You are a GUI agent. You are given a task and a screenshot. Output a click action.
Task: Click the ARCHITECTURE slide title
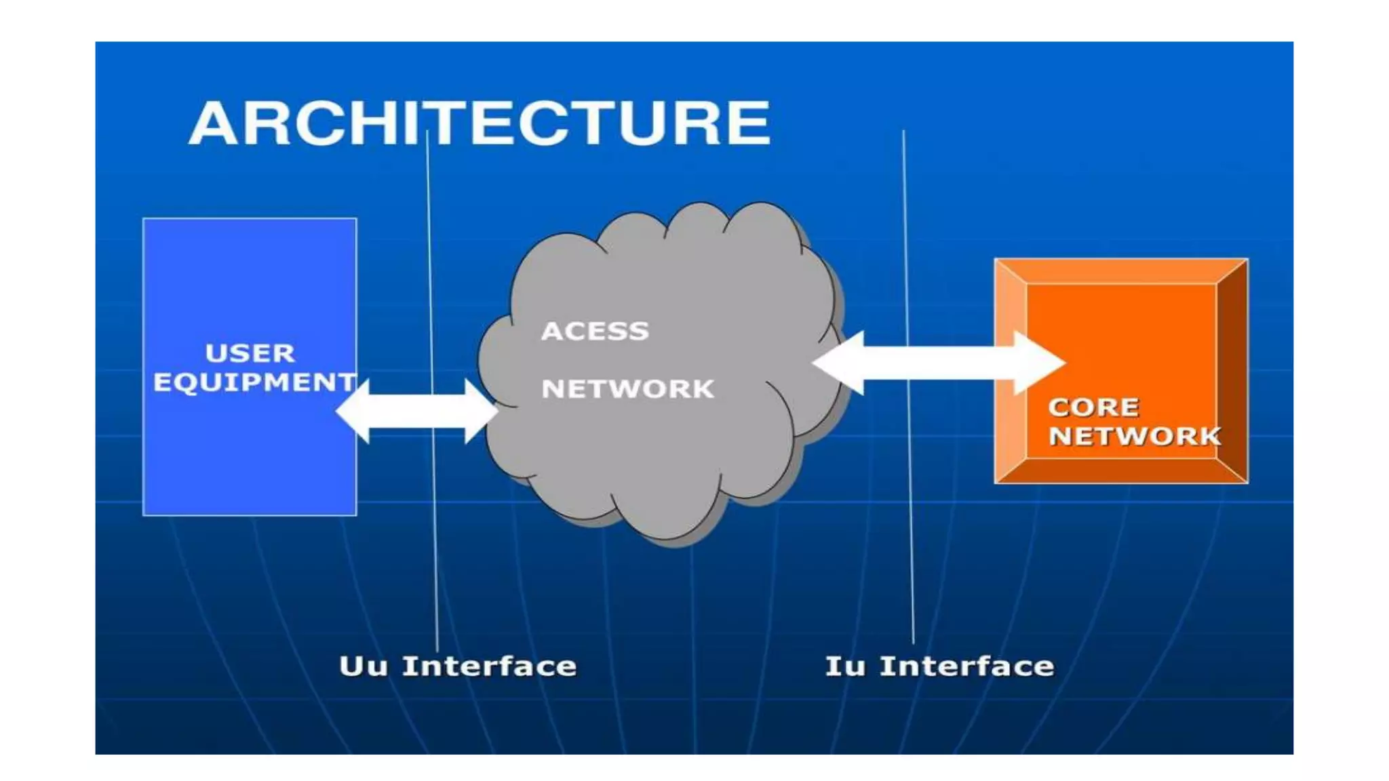pos(480,123)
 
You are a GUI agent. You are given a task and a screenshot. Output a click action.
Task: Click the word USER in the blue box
pos(250,353)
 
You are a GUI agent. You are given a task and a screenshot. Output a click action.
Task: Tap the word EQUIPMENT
pos(254,382)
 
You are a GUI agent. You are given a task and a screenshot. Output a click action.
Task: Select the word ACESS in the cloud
pos(595,331)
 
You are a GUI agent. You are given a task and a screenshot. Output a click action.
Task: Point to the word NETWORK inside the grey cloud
pos(627,389)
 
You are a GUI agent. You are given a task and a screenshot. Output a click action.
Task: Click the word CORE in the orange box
pos(1093,407)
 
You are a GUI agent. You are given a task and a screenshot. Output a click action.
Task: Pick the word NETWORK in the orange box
pos(1134,436)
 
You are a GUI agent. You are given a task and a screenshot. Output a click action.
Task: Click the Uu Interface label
pos(458,666)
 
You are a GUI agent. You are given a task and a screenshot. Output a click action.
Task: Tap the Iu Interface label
pos(939,666)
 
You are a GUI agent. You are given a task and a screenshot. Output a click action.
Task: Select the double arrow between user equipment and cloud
pos(416,411)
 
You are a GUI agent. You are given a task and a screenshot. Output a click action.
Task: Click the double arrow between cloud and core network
pos(939,363)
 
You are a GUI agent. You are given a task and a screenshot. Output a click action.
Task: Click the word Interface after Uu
pos(489,666)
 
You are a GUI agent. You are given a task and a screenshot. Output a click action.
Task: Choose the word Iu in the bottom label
pos(844,666)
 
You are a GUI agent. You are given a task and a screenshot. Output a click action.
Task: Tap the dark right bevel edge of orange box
pos(1232,372)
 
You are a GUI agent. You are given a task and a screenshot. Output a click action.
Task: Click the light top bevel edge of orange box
pos(1120,271)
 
